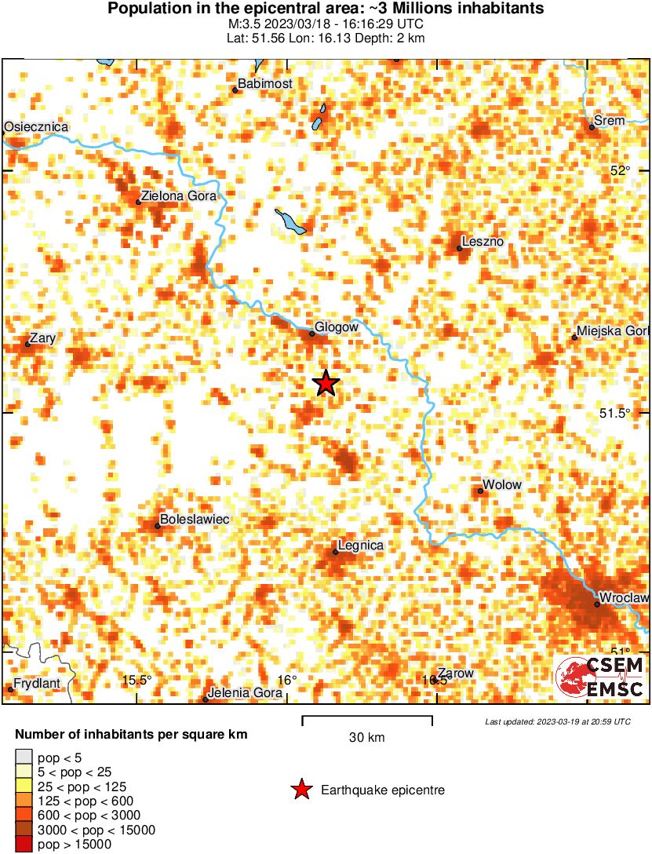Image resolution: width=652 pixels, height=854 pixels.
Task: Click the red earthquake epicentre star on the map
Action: [326, 383]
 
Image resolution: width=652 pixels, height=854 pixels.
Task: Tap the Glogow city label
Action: [337, 327]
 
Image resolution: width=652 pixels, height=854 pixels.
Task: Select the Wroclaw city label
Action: [624, 598]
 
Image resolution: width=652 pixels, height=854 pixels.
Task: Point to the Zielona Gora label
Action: [177, 196]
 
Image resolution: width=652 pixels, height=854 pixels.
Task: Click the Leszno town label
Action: [483, 242]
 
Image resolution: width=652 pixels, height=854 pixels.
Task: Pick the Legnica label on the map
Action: [360, 545]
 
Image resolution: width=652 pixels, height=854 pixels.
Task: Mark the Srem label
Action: [610, 120]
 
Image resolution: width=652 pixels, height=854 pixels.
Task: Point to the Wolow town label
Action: [502, 484]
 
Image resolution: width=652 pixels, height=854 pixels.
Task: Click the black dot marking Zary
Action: [27, 344]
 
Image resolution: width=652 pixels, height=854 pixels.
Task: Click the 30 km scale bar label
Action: [366, 738]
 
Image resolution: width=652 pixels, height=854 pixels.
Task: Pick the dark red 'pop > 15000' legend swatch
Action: [24, 845]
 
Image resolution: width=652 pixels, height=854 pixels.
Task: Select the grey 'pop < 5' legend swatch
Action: [24, 757]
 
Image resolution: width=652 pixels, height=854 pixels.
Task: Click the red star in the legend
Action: [301, 790]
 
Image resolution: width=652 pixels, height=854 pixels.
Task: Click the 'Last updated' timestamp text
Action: [557, 721]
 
